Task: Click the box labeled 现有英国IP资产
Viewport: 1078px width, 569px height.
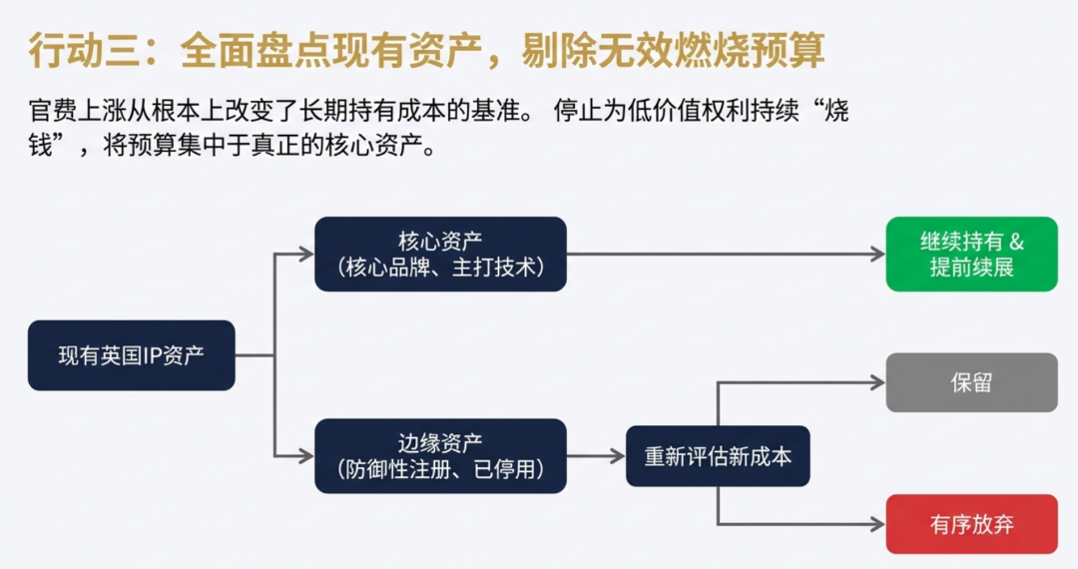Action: [132, 355]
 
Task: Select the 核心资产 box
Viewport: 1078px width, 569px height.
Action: [441, 255]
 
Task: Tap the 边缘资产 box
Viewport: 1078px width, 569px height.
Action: [441, 455]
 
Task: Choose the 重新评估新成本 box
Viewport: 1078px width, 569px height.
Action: [718, 456]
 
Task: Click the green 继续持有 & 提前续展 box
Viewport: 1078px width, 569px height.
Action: [971, 255]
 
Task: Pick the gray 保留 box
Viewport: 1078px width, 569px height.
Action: [971, 382]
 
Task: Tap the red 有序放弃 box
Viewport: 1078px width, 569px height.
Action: [971, 524]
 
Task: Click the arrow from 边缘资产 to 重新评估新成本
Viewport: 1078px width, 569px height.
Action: [596, 455]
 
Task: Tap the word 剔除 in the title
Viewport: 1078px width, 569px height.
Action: [559, 50]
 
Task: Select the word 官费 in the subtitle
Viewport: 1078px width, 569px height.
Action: [53, 110]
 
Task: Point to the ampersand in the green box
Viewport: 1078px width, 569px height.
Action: [1017, 242]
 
